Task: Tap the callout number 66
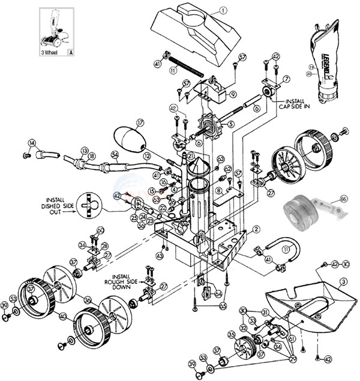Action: pos(343,198)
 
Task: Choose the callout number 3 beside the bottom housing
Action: pos(343,280)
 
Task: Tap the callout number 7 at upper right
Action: pos(286,79)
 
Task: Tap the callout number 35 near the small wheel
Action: pos(231,333)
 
